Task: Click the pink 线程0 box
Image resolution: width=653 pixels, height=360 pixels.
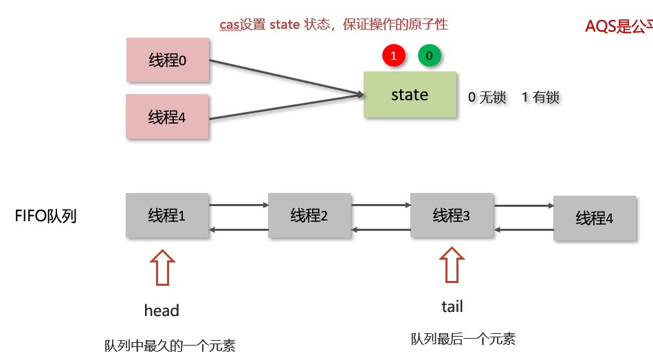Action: [168, 60]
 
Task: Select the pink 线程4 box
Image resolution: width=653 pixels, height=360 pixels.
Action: [168, 117]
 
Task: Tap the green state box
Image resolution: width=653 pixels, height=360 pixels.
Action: [410, 95]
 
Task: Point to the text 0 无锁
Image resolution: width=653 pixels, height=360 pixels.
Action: [487, 98]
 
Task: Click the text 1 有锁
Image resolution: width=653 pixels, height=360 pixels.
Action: [540, 98]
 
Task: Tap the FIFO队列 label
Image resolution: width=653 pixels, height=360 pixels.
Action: [45, 216]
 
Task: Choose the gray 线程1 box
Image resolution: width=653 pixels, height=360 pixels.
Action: [168, 216]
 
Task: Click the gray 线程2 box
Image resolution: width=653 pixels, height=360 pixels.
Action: [309, 216]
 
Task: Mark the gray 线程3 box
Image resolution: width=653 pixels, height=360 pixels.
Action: [452, 216]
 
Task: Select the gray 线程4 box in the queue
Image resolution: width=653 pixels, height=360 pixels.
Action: [594, 218]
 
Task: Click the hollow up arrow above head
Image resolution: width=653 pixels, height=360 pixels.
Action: [162, 267]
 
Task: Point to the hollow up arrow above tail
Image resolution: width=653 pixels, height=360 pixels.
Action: [452, 265]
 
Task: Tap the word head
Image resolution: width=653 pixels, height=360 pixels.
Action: [162, 311]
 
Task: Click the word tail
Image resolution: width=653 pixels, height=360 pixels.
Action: [452, 306]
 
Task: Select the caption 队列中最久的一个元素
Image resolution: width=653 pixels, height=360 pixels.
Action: [170, 346]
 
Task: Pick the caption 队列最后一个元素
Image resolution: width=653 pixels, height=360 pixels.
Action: [463, 339]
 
